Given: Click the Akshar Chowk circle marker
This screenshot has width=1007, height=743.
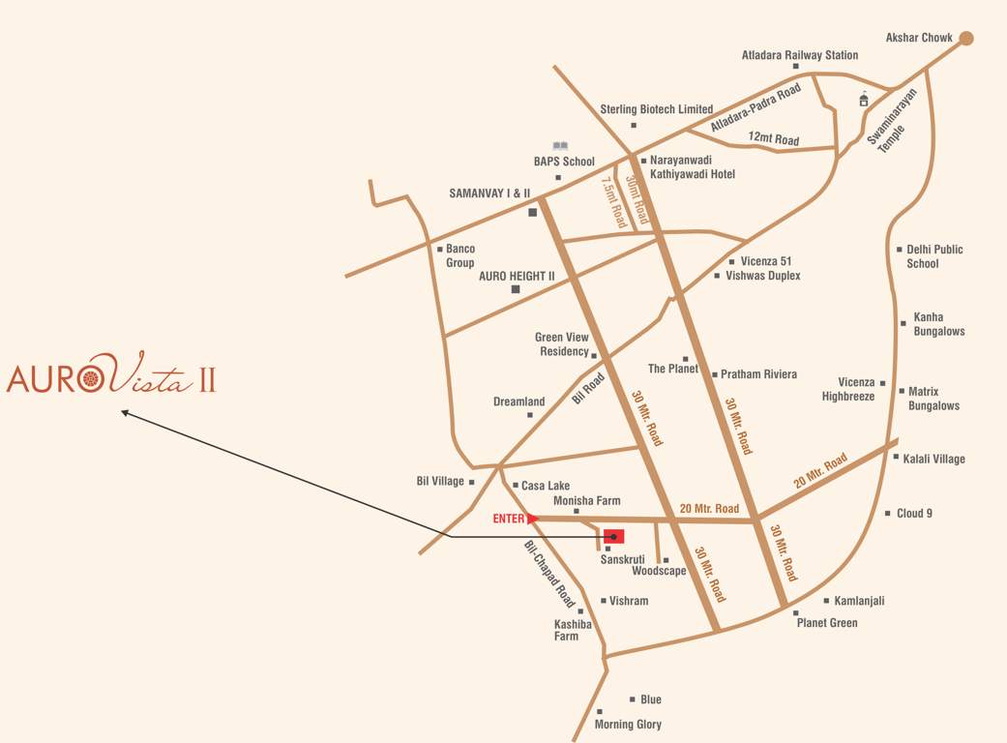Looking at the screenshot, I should pos(965,39).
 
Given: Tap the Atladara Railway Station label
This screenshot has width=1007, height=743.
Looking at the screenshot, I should pos(799,55).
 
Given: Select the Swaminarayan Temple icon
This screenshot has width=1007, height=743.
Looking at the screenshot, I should pos(864,100).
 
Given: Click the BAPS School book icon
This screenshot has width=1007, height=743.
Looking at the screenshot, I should pos(560,146).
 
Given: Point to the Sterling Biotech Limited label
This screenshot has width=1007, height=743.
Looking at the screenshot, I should pos(656,109).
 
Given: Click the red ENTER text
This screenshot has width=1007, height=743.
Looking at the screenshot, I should pos(508,519).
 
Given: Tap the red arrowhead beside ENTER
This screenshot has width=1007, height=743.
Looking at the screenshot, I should pos(533,519).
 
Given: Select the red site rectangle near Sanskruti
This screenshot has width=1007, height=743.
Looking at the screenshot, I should pos(613,536).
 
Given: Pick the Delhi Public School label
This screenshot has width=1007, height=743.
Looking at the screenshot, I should pos(933,256).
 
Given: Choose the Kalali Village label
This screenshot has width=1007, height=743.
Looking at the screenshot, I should pos(933,459).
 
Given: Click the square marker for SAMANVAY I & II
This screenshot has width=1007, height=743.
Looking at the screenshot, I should pos(532,212).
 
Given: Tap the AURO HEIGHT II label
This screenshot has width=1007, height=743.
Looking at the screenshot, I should pos(517,276).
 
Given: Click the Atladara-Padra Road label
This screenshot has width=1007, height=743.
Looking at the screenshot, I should pos(755,107).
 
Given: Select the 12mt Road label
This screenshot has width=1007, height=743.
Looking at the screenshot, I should pos(774,139).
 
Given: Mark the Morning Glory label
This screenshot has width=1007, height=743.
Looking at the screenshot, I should pos(628,724).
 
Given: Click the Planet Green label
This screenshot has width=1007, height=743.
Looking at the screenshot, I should pos(826,623).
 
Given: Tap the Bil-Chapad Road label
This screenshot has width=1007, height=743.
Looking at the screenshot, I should pos(549,575).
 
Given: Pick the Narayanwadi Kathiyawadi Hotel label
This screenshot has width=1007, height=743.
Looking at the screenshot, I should pos(692,166).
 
